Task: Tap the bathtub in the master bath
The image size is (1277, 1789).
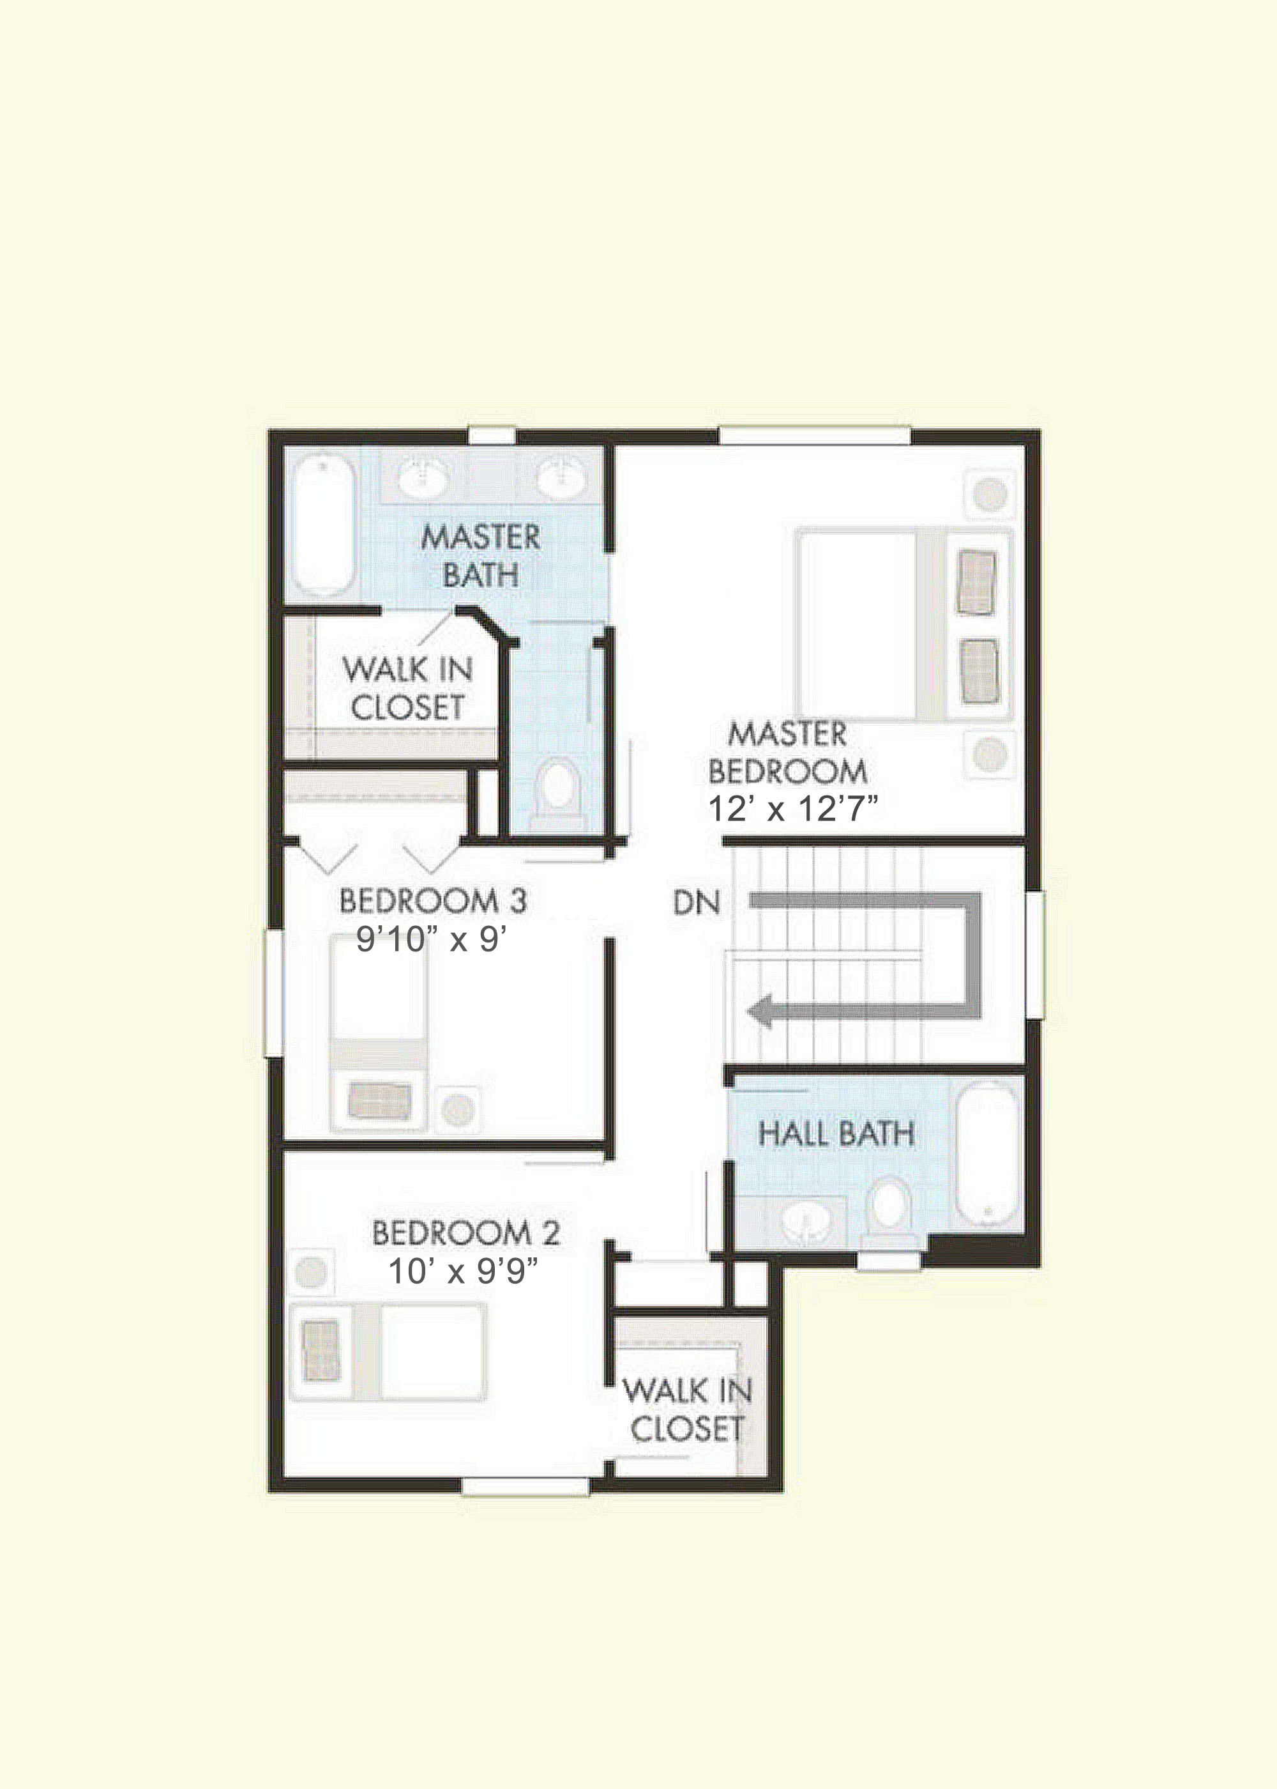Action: [x=323, y=527]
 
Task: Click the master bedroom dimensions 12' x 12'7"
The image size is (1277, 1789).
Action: [x=792, y=809]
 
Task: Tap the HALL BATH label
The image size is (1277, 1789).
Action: [x=836, y=1133]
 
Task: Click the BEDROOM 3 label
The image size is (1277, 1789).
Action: [x=434, y=901]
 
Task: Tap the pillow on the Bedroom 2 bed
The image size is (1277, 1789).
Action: [x=322, y=1351]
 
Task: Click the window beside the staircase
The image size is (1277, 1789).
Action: [x=1034, y=955]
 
